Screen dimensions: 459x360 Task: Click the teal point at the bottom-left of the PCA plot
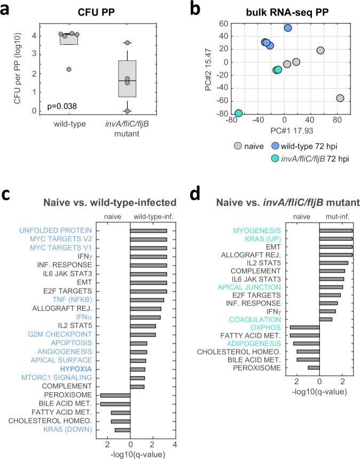pos(238,113)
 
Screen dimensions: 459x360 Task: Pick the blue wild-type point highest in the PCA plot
pos(288,28)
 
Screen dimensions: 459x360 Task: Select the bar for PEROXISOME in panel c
pos(115,395)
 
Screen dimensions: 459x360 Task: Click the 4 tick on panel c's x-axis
pos(175,444)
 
